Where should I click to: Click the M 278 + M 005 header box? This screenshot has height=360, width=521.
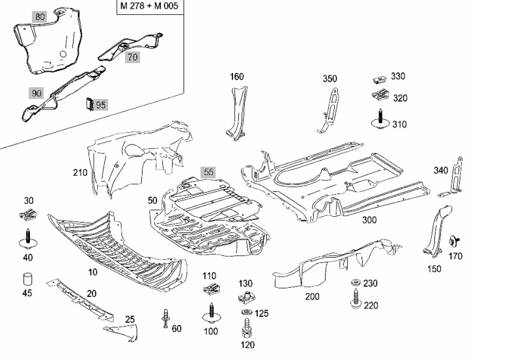click(149, 7)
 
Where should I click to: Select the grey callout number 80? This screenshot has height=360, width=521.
click(40, 17)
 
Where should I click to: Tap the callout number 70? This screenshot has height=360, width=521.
click(133, 57)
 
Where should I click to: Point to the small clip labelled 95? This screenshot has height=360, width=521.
click(90, 103)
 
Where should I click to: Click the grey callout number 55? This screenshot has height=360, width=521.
click(208, 173)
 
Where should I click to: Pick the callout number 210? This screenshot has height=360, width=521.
click(80, 173)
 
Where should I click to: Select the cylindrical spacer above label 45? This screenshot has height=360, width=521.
click(27, 280)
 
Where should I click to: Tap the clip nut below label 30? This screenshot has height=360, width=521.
click(27, 215)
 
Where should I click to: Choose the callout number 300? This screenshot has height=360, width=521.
click(369, 220)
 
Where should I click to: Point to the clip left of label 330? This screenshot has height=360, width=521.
click(377, 80)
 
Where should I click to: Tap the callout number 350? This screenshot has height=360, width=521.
click(330, 79)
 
